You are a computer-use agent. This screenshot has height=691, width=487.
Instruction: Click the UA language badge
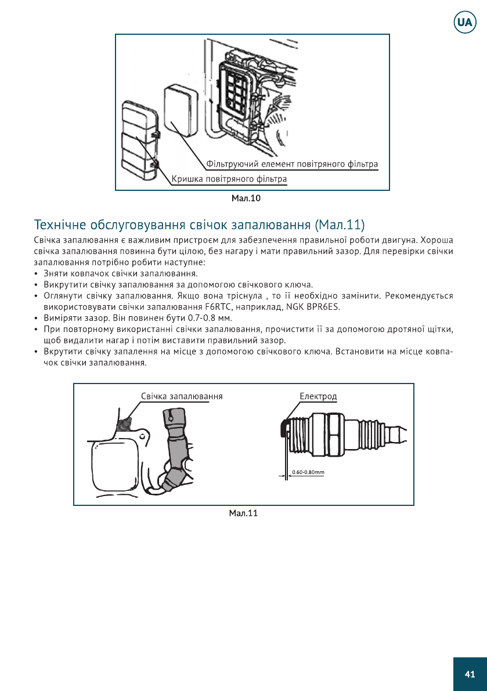(464, 22)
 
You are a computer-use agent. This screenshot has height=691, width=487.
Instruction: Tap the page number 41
(470, 674)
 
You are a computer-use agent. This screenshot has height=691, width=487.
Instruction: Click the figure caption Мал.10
(246, 199)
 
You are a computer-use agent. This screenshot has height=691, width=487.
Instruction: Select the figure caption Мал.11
(243, 513)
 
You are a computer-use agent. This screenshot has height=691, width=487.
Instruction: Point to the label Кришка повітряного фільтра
(229, 179)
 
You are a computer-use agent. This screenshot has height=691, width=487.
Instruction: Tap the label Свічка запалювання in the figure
(182, 396)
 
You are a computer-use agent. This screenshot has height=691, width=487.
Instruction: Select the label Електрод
(318, 396)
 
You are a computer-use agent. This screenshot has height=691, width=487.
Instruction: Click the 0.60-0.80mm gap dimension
(308, 472)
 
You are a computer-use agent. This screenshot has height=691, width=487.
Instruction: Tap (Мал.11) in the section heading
(340, 224)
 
